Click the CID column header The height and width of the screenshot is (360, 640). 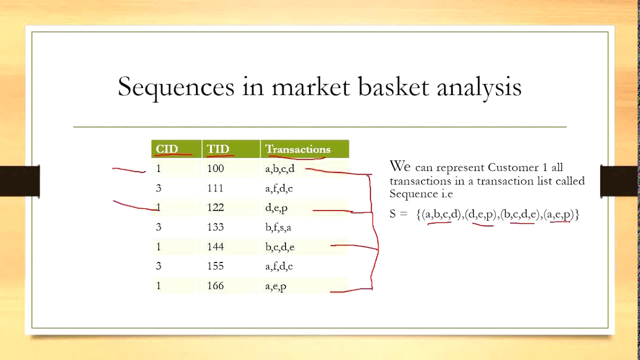pos(167,149)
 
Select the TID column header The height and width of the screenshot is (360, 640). pos(218,149)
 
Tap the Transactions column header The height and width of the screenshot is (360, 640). pos(297,149)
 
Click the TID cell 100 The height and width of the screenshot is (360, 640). pos(215,169)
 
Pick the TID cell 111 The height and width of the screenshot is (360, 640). pos(215,188)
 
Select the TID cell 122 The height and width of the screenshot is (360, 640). pos(215,208)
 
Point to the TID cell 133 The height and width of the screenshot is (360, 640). pos(215,227)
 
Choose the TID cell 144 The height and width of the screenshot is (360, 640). pos(215,247)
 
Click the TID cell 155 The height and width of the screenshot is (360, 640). pos(215,266)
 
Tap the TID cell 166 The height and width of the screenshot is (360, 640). pos(215,286)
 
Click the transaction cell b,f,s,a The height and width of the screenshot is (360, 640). pos(278,227)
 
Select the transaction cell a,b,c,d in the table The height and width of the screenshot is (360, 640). pos(280,169)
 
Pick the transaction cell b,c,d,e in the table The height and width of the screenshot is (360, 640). pos(279,247)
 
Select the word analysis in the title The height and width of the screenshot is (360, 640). pos(479,87)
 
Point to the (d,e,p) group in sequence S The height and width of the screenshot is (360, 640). pos(482,215)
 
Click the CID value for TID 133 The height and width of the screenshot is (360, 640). pos(158,227)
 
